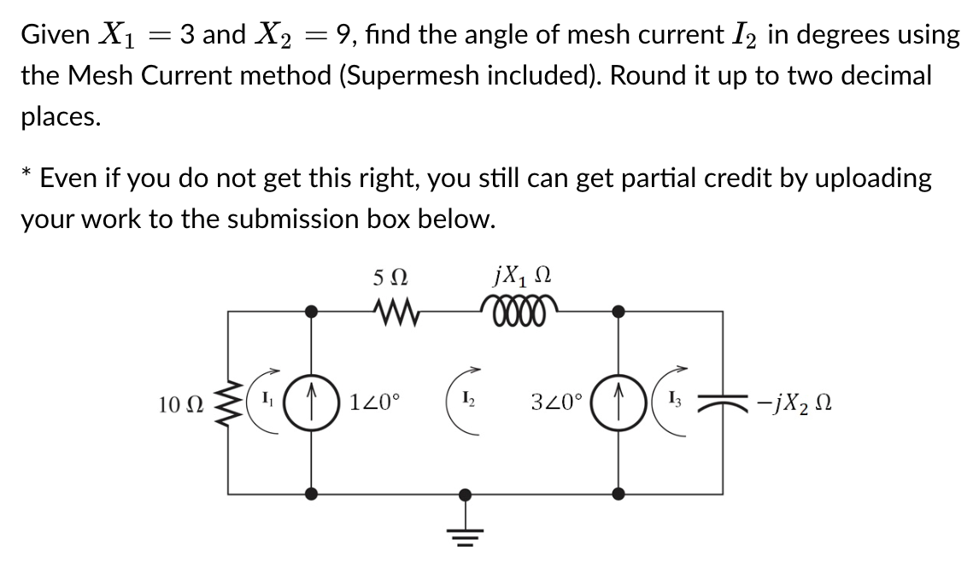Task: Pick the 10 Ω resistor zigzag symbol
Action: click(228, 401)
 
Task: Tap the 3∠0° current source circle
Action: click(621, 401)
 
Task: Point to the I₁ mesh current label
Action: click(267, 399)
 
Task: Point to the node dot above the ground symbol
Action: click(465, 493)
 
